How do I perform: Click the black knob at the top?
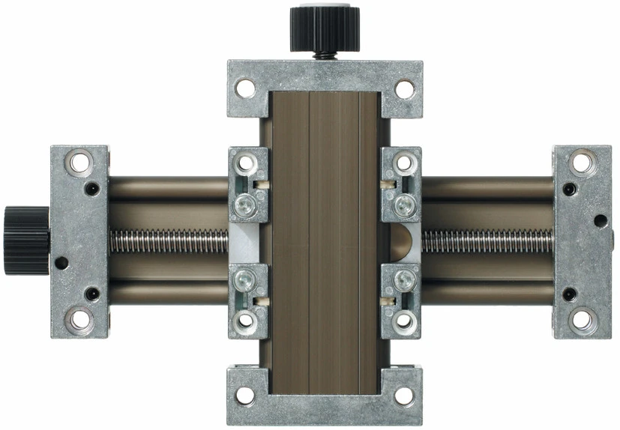click(320, 28)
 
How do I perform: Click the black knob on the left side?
click(25, 240)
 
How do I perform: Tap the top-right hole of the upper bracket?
click(405, 88)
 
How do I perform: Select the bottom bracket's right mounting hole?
click(405, 395)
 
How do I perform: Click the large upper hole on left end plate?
click(78, 162)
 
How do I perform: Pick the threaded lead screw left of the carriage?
click(169, 240)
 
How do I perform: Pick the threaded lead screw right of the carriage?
click(487, 240)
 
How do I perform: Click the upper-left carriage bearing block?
click(247, 184)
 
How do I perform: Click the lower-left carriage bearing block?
click(247, 300)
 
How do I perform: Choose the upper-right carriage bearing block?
click(401, 184)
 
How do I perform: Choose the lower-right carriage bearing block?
click(401, 300)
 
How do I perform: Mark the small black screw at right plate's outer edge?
click(601, 220)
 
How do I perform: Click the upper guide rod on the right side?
click(487, 188)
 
